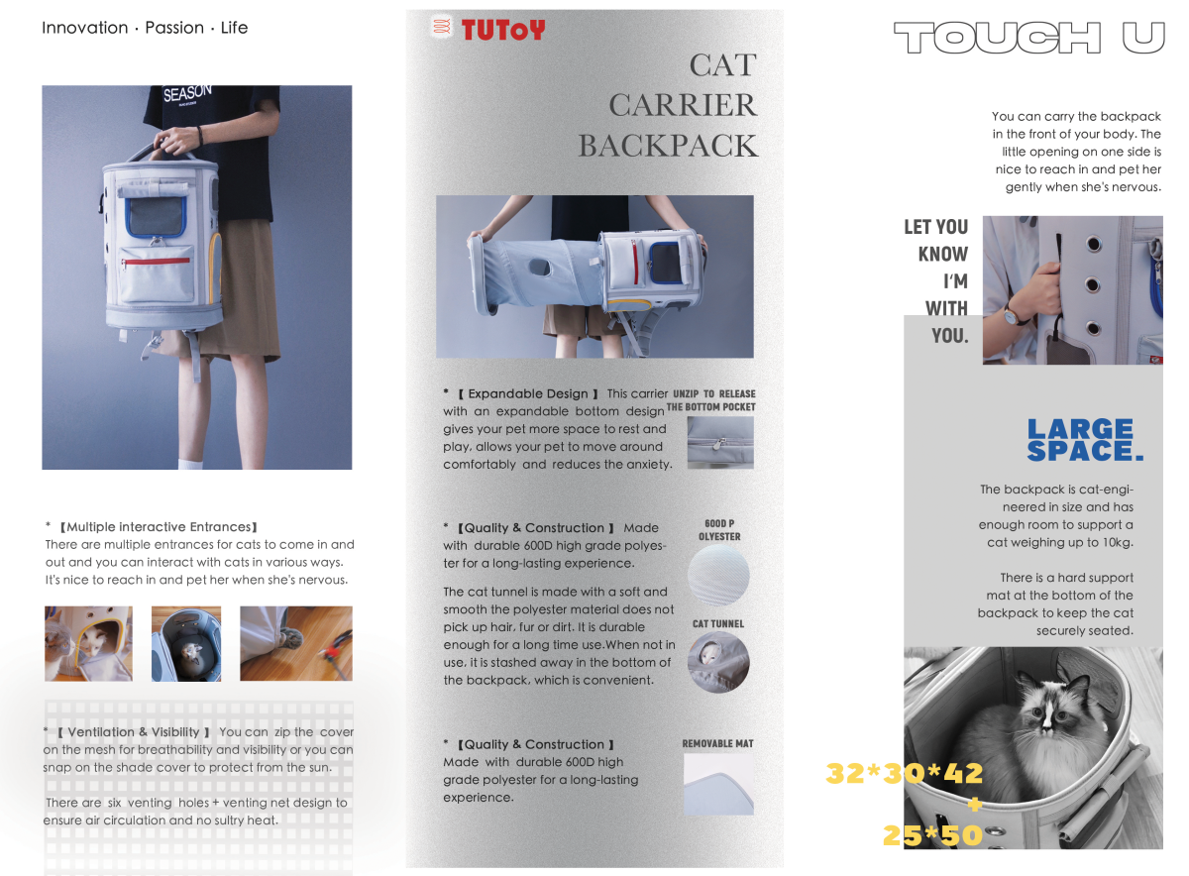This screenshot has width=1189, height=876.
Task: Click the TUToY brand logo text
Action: coord(502,30)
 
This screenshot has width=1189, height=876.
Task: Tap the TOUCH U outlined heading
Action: coord(1028,39)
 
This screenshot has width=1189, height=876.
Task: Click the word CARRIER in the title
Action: coord(683,105)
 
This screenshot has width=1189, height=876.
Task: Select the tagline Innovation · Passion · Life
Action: coord(145,28)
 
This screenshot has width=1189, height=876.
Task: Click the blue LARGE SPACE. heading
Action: coord(1084,440)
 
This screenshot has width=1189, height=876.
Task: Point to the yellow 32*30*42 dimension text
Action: coord(904,773)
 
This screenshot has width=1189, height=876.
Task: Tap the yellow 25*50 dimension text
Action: coord(932,835)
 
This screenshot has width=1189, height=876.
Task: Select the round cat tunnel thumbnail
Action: coord(719,661)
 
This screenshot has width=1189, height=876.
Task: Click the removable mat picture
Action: coord(718,784)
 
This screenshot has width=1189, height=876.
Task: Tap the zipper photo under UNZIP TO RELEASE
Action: coord(720,442)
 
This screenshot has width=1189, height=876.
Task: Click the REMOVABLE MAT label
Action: coord(717,743)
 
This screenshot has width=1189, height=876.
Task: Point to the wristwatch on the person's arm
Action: coord(1014,316)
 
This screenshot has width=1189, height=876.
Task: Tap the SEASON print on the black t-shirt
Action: coord(187,95)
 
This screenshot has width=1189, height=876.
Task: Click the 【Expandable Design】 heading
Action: coord(527,393)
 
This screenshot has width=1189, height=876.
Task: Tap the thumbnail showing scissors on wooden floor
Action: coord(296,643)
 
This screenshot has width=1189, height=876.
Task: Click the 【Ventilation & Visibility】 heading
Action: coord(133,732)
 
